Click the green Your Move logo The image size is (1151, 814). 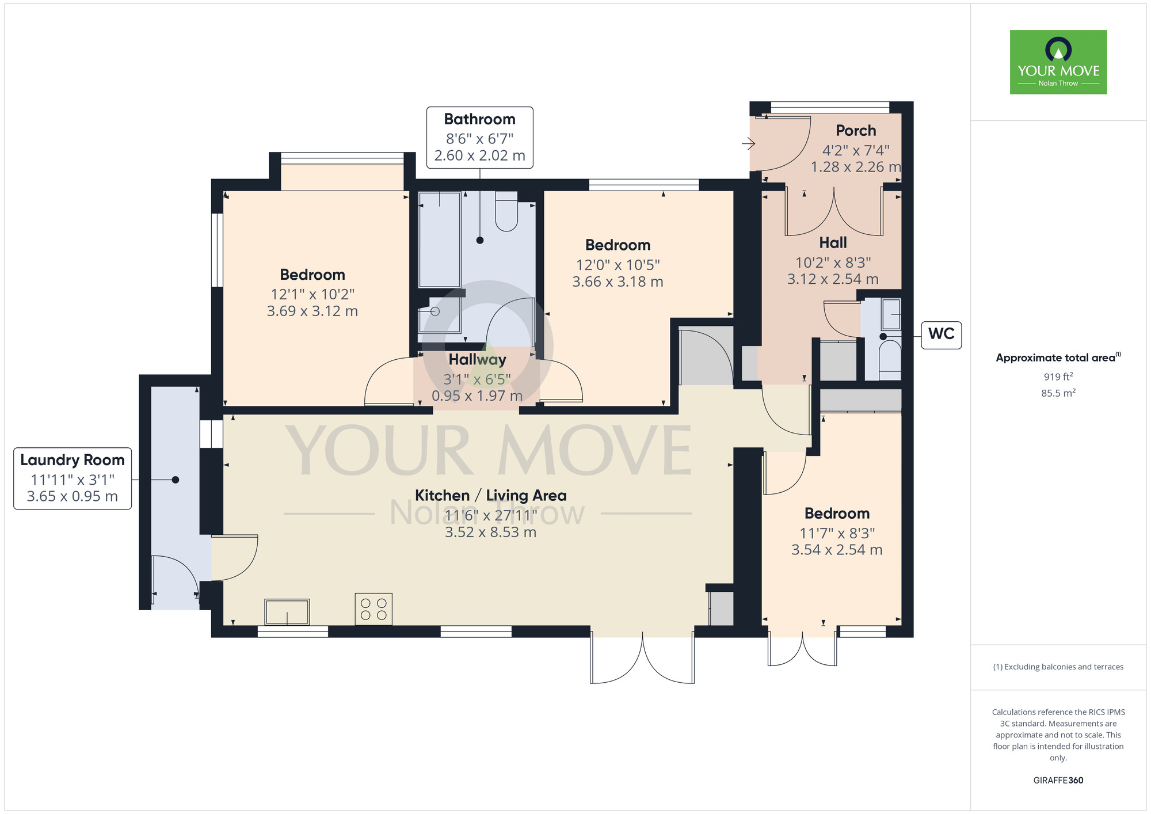coord(1058,62)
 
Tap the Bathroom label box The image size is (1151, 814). coord(480,138)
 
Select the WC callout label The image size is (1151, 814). coord(942,334)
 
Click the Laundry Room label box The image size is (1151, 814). coord(73,478)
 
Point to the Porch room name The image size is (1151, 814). coord(856,131)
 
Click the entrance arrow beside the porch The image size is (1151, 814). coord(748,143)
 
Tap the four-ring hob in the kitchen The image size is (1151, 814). coord(373,609)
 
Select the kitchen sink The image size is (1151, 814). coord(287,612)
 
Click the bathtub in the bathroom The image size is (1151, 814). coord(440,239)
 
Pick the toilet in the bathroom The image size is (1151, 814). coord(506,211)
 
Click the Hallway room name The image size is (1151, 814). coord(478,360)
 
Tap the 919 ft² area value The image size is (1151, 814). coord(1058,376)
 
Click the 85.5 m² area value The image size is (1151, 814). coord(1058,393)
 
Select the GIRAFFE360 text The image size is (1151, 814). coord(1058,781)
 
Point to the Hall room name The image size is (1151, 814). coord(833,243)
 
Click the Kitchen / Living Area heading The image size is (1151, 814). coord(491,496)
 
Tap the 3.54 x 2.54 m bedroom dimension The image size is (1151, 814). coord(837,550)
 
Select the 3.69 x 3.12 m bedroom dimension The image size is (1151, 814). coord(312,311)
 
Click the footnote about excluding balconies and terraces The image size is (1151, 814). coord(1058,667)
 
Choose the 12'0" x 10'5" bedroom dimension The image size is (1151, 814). coord(618,265)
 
